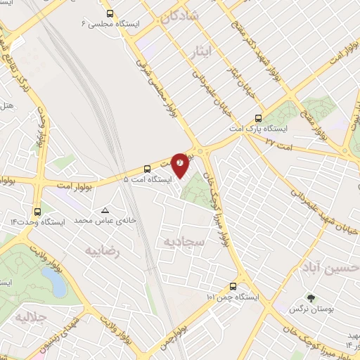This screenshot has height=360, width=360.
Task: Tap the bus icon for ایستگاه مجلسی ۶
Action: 109,13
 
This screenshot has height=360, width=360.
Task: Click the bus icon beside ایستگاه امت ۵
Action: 147,169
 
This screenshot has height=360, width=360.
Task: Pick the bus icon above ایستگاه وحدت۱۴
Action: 37,211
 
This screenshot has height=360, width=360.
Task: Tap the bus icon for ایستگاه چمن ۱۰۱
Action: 234,286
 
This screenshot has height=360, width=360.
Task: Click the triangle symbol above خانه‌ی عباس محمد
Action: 105,210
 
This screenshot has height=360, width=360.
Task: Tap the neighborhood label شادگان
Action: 181,17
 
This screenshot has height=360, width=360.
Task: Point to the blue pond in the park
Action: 54,283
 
